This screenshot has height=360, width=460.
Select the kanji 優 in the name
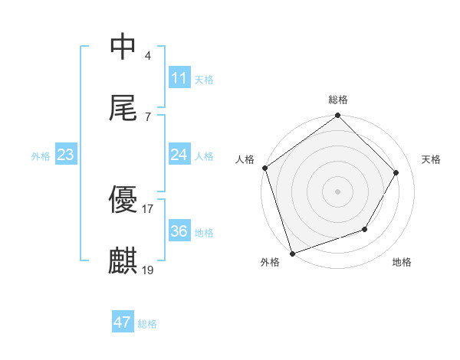pyautogui.click(x=123, y=199)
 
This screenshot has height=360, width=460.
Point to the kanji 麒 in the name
pyautogui.click(x=123, y=261)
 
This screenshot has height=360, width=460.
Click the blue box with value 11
pyautogui.click(x=179, y=78)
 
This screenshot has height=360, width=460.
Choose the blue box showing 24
pyautogui.click(x=179, y=155)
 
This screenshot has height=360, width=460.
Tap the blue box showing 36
pyautogui.click(x=179, y=231)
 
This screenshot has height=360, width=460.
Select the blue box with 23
pyautogui.click(x=66, y=155)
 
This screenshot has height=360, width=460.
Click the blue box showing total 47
pyautogui.click(x=123, y=322)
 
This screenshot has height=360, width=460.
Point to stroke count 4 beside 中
pyautogui.click(x=148, y=55)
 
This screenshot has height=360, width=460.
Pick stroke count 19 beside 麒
pyautogui.click(x=148, y=270)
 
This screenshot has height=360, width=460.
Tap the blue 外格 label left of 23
pyautogui.click(x=41, y=156)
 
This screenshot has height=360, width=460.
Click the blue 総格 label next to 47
pyautogui.click(x=147, y=324)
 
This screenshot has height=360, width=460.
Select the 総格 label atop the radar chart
pyautogui.click(x=338, y=100)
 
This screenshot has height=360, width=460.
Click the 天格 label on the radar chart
pyautogui.click(x=431, y=159)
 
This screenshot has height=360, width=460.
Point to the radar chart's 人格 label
pyautogui.click(x=245, y=159)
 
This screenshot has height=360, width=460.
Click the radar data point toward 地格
pyautogui.click(x=365, y=229)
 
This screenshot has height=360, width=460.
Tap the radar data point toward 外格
pyautogui.click(x=292, y=252)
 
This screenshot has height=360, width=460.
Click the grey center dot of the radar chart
pyautogui.click(x=338, y=191)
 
